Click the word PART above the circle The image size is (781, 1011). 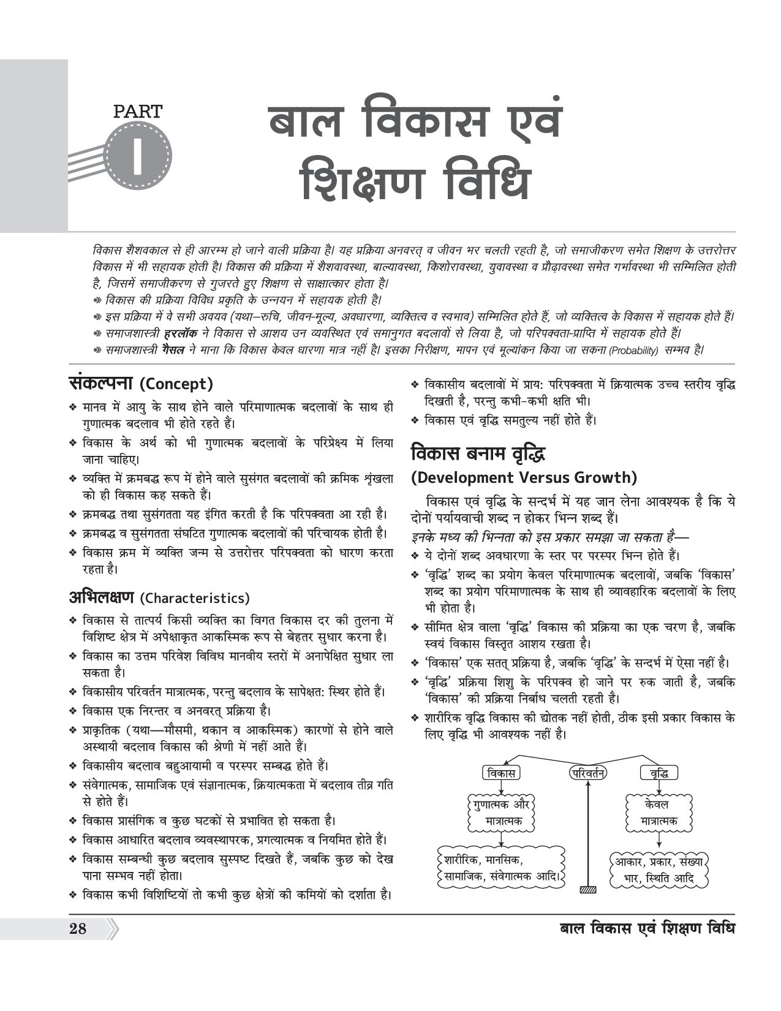pyautogui.click(x=138, y=112)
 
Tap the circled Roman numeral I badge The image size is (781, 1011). pyautogui.click(x=138, y=154)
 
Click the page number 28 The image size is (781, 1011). pyautogui.click(x=78, y=929)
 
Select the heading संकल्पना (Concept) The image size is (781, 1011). pyautogui.click(x=141, y=384)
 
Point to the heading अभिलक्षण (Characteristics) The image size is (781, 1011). pyautogui.click(x=159, y=597)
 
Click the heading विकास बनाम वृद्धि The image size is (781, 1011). pyautogui.click(x=478, y=454)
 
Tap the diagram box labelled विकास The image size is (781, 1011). pyautogui.click(x=500, y=773)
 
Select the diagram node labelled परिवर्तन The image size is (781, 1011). pyautogui.click(x=587, y=773)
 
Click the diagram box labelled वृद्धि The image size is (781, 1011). pyautogui.click(x=659, y=773)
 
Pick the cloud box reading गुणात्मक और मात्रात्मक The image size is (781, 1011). pyautogui.click(x=500, y=812)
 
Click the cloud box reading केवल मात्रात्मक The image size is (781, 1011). pyautogui.click(x=659, y=812)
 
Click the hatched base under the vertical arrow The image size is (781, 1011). pyautogui.click(x=587, y=889)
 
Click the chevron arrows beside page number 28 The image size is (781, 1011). pyautogui.click(x=113, y=929)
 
